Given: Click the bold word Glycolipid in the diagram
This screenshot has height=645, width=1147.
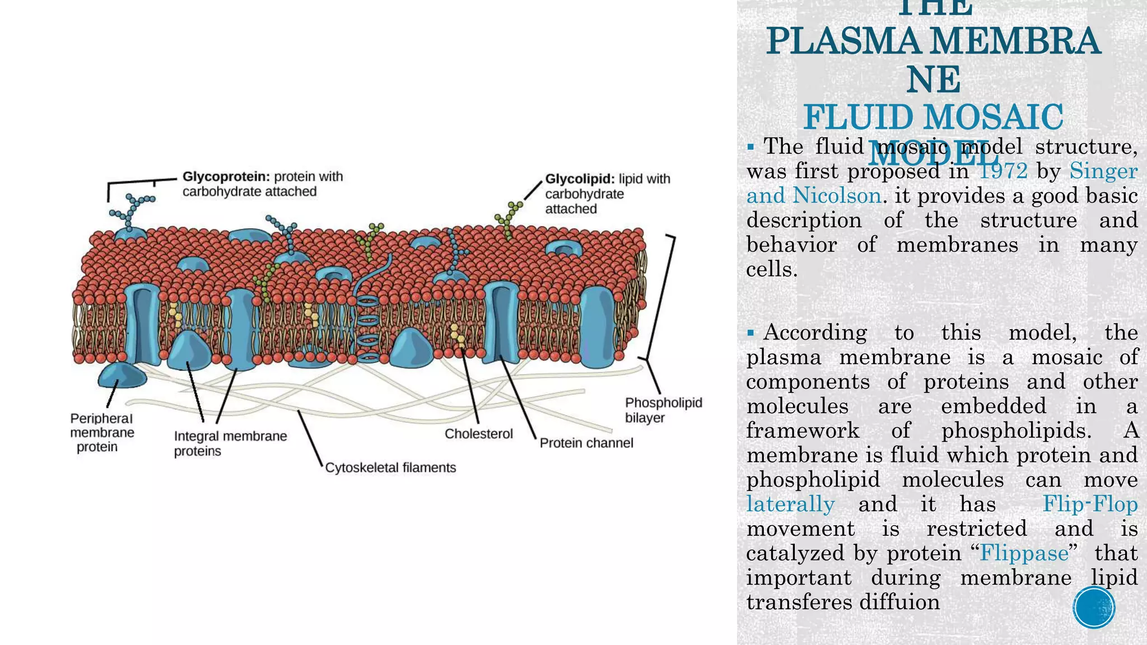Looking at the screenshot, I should pos(580,179).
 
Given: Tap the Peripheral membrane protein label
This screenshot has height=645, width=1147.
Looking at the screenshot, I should pos(102,433).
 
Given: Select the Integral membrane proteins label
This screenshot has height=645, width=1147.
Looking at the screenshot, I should pos(230,443).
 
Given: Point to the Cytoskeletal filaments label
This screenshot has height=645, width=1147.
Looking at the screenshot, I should pos(390,468).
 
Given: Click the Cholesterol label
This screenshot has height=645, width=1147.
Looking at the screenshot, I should pos(478,434).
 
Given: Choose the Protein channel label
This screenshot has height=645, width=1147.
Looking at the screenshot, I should pos(586,443).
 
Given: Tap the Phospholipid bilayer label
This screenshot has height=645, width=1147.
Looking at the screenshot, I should pos(663,410).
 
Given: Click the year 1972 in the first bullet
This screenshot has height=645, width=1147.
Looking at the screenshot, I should pos(1003,171).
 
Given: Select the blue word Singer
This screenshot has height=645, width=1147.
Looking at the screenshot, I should pos(1103,171).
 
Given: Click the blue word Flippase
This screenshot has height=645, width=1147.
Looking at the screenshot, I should pos(1024,553).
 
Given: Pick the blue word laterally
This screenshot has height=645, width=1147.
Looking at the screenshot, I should pos(790,504).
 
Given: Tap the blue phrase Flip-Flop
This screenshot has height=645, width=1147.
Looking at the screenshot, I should pos(1089,504).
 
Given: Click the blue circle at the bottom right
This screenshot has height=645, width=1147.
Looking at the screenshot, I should pos(1094,607).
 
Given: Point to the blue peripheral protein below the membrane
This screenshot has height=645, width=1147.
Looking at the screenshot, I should pos(122,375).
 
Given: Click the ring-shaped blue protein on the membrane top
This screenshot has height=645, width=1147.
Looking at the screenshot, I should pos(564,248).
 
